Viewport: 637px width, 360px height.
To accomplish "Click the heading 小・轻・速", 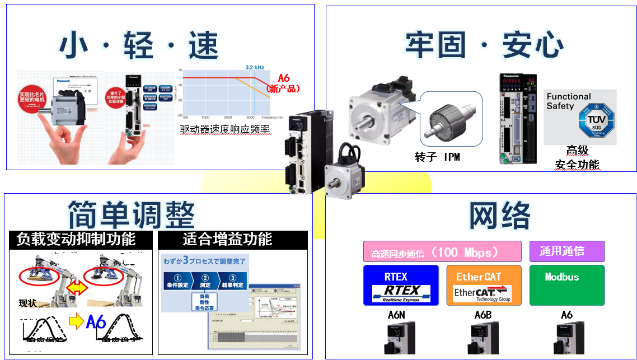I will [x=139, y=45].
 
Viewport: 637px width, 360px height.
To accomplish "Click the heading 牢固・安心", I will [x=484, y=45].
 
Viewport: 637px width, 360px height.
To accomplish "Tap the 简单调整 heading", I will [x=131, y=214].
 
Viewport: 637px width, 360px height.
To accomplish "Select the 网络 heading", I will [x=499, y=215].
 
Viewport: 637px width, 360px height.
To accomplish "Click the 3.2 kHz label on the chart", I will [x=255, y=67].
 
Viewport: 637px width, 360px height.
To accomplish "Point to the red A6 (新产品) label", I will [x=284, y=83].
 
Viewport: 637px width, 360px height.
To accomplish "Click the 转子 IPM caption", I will [x=437, y=157].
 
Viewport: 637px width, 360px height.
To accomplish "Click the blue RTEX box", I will [x=400, y=285].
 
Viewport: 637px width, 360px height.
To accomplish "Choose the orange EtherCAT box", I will [x=483, y=285].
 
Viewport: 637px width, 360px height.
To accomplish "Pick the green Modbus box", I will [x=566, y=285].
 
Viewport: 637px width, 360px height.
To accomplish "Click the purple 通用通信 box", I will [x=566, y=251].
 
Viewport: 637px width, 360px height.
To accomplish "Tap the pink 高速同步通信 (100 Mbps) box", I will [x=442, y=251].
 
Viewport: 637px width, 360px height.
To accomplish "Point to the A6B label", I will [x=483, y=315].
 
